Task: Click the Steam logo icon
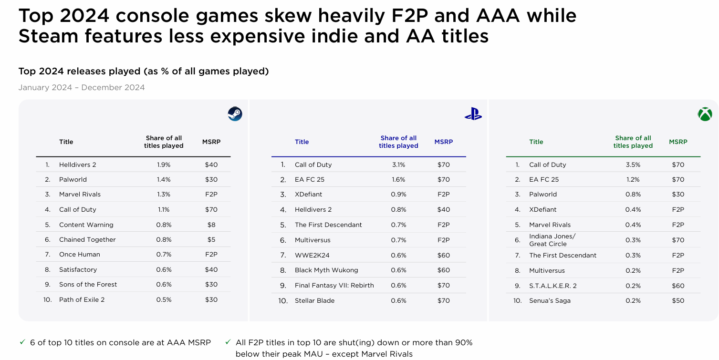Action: click(235, 114)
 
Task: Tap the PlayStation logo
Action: click(473, 114)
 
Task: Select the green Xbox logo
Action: click(705, 114)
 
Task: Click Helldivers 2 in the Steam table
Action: click(77, 165)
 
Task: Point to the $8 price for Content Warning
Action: click(211, 225)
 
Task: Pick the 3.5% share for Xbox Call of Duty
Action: click(633, 165)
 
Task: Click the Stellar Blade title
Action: click(314, 301)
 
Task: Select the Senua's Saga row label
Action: click(550, 301)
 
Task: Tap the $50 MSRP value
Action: click(678, 301)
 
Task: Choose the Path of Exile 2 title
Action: click(82, 299)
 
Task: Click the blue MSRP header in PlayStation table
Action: click(444, 142)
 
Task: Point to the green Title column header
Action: click(536, 142)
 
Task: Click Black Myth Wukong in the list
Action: click(326, 270)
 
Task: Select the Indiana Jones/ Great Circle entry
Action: click(552, 240)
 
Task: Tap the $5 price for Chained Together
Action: click(211, 240)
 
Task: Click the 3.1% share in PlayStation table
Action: click(399, 165)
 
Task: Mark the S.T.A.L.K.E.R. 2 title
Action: click(553, 286)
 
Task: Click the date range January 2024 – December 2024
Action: click(82, 87)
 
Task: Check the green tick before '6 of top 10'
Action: click(22, 342)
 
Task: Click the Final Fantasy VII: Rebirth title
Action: click(334, 285)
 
